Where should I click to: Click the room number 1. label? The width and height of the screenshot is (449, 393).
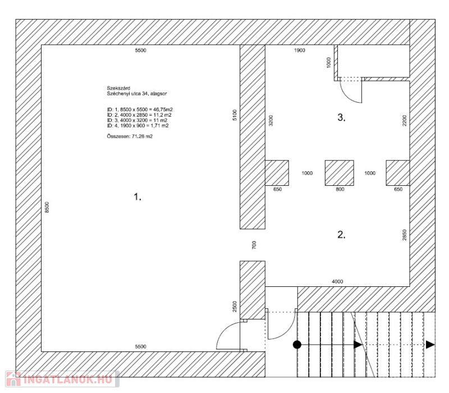point(138,197)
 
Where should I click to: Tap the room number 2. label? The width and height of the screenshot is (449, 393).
point(341,235)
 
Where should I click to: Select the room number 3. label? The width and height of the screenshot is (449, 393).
point(341,117)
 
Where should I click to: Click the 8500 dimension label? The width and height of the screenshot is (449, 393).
point(47,207)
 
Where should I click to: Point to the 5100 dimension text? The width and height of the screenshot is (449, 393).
point(235,115)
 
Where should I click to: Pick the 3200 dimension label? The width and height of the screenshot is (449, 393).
point(271,121)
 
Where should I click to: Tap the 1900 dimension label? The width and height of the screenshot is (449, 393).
point(300,51)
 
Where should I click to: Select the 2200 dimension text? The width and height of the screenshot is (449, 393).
point(404,121)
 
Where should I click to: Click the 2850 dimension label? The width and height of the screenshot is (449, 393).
point(404,235)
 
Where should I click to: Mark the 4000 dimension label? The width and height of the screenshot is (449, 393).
point(337,282)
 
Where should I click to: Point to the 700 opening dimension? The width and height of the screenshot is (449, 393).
point(254,245)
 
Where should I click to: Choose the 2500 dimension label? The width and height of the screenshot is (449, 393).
point(235,307)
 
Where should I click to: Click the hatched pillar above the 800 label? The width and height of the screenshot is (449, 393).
point(340,173)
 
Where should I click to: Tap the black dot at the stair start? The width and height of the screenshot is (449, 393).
point(297,345)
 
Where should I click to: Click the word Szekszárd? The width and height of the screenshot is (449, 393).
point(118,88)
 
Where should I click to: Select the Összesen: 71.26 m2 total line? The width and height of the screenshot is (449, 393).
point(130,136)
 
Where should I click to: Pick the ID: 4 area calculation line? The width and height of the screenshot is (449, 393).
point(138,126)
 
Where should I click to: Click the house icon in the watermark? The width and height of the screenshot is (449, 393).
point(13,379)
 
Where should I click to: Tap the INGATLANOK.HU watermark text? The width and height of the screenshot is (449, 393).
point(67,380)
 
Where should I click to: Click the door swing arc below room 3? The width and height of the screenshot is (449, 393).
point(350,94)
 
